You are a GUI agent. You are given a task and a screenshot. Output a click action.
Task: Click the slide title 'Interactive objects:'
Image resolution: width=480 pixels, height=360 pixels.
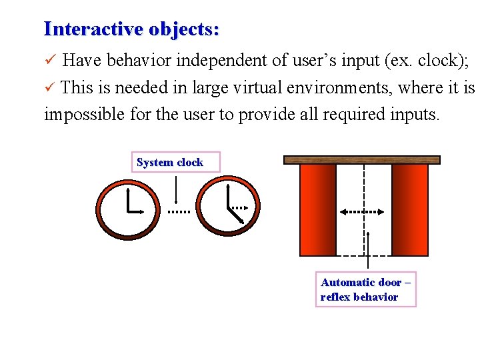coord(131,29)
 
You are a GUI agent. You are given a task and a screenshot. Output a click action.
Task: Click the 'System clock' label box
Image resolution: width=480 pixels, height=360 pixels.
coord(170,162)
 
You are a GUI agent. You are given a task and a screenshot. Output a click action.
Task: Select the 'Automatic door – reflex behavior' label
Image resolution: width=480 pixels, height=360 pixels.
coord(365,290)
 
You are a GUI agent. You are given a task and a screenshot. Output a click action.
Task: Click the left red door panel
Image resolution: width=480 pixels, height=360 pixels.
coord(318,210)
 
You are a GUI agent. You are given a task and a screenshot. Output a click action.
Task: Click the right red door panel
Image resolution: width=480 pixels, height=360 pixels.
coord(409,210)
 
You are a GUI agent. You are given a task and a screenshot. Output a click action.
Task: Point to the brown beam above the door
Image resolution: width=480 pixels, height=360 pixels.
coord(362,160)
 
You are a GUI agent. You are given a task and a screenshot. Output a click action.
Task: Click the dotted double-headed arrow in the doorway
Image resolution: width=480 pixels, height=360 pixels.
coord(362,211)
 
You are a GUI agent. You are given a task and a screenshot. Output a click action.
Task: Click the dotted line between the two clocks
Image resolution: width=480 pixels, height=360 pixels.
coord(178,211)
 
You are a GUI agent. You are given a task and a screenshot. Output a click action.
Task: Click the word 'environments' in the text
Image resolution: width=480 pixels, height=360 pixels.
coord(336,87)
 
